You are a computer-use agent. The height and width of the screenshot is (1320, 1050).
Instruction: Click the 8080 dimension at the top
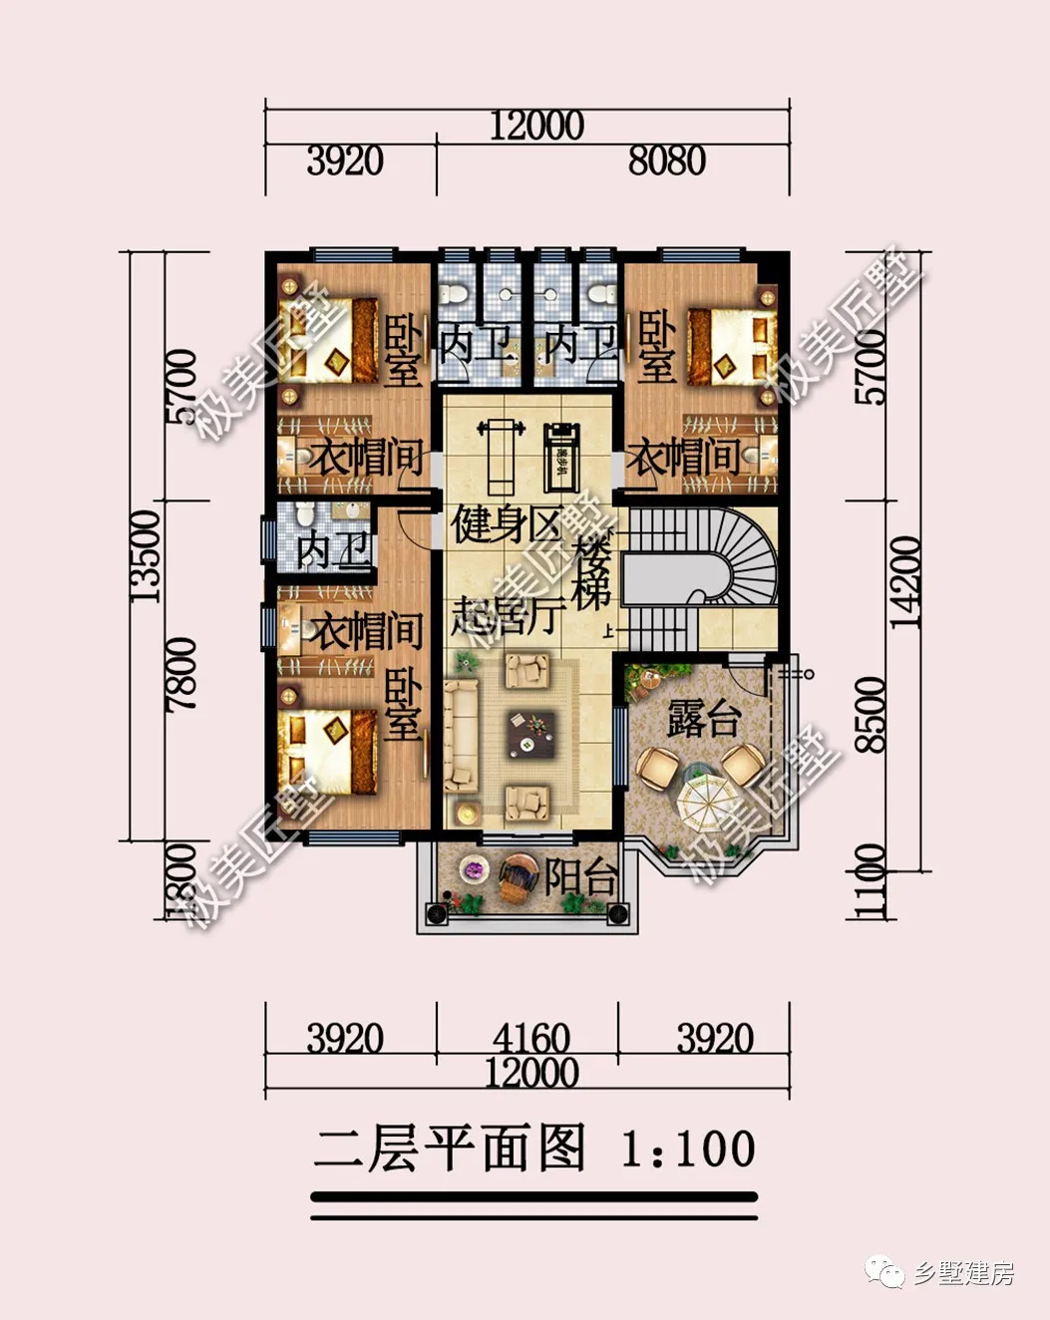[666, 161]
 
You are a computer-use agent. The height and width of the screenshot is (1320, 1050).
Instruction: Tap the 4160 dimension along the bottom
[530, 1038]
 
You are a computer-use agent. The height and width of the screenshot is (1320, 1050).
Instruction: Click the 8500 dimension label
[870, 714]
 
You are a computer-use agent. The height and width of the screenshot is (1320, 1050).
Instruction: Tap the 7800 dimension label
[181, 674]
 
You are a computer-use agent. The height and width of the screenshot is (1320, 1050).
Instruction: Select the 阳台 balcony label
[580, 877]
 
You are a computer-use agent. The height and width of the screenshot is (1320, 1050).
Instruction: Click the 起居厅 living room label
[508, 616]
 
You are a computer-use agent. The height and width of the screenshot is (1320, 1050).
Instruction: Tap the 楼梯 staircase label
[593, 573]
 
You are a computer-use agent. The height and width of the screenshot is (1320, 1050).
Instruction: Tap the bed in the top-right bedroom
[733, 345]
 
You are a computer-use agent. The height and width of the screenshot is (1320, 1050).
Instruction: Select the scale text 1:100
[688, 1149]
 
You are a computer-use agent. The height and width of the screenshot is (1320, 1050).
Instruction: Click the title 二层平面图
[450, 1149]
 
